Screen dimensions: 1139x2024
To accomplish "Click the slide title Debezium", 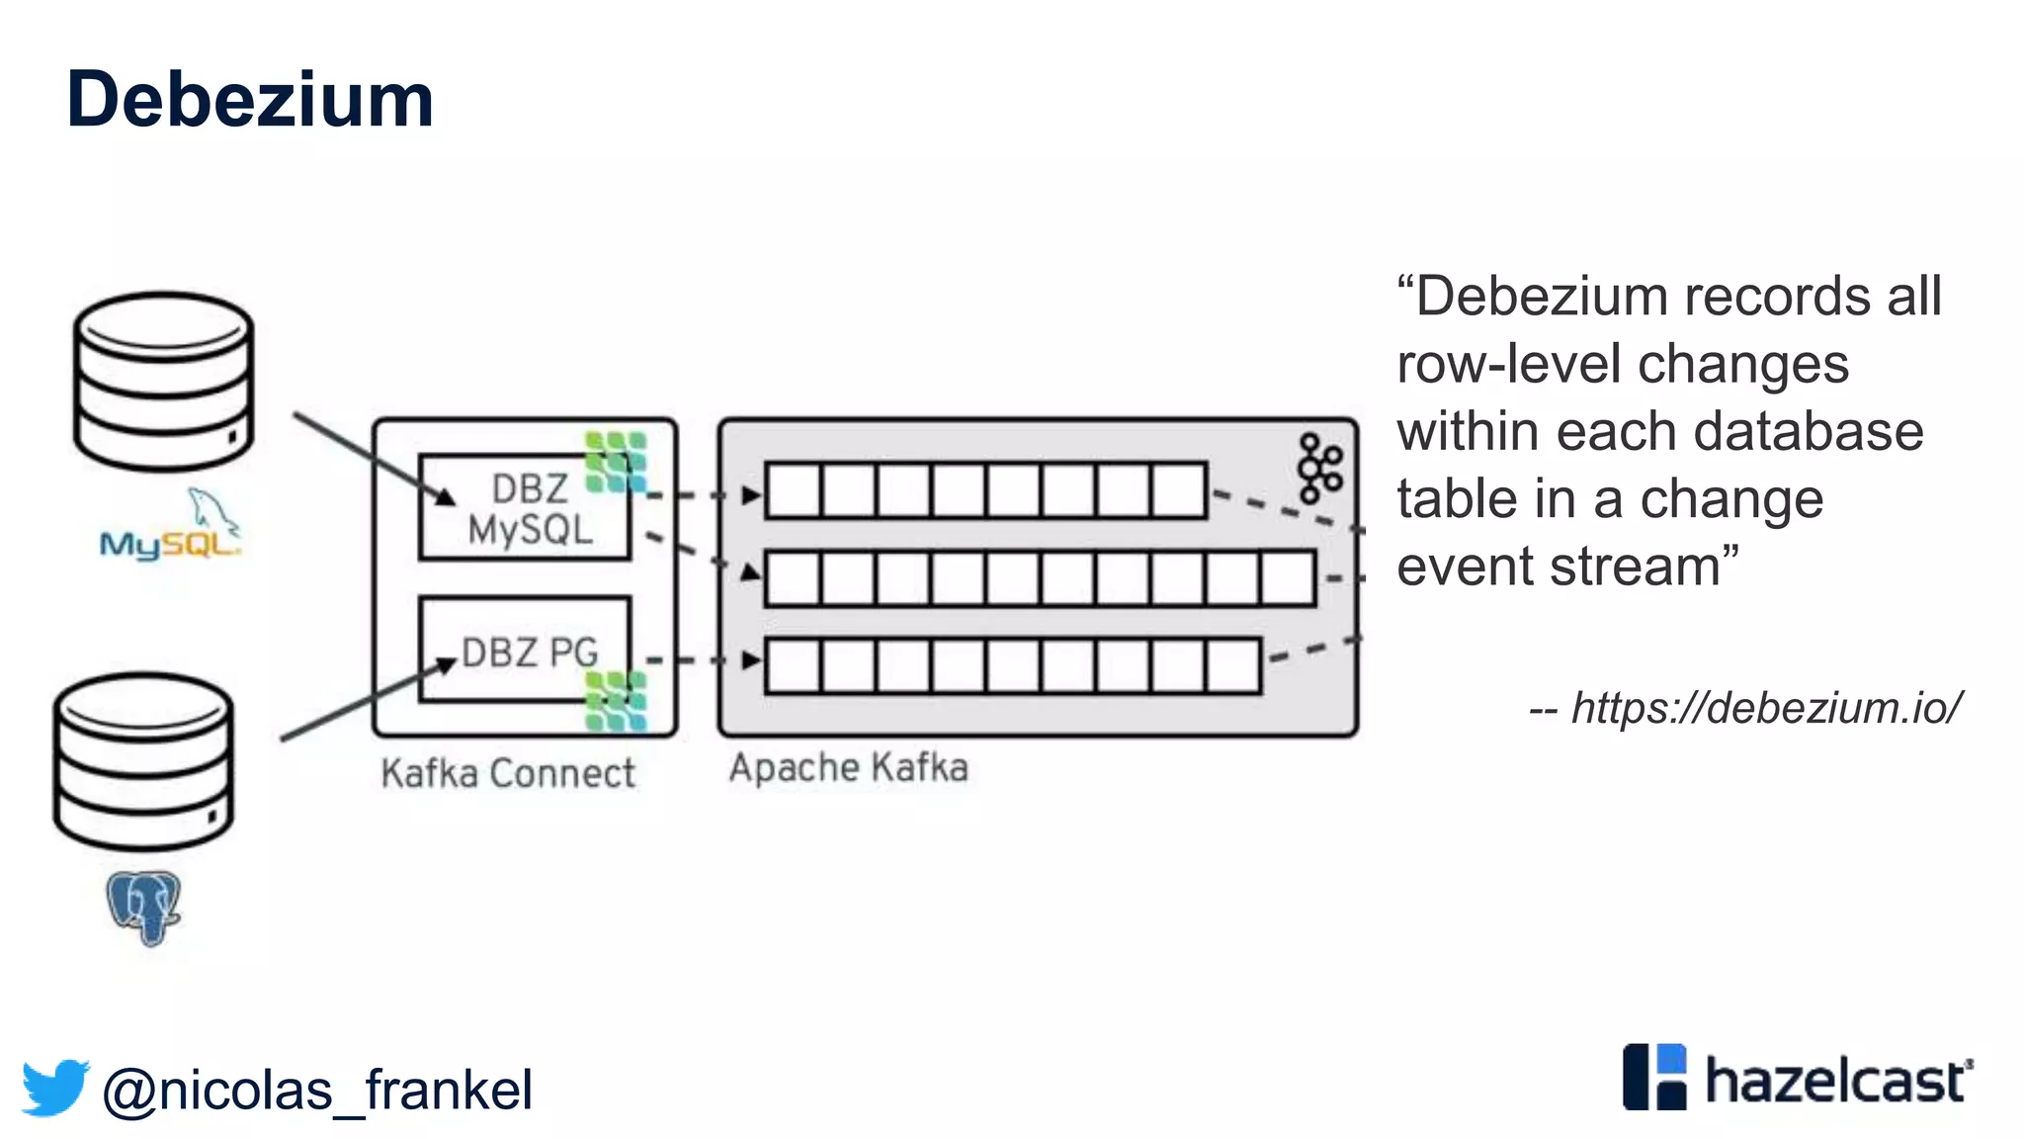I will [x=250, y=100].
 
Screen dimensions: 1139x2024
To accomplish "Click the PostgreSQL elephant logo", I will [x=144, y=907].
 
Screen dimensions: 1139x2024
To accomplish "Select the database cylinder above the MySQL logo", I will [x=164, y=382].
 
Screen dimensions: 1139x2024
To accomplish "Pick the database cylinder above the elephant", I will [x=144, y=761].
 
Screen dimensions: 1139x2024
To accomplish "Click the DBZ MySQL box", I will [x=524, y=508].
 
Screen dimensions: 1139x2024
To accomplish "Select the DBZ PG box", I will [x=524, y=651].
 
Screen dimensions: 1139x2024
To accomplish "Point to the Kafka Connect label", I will [x=508, y=773].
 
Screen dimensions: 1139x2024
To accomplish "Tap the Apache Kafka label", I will [x=848, y=768].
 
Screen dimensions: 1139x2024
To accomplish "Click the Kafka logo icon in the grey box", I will [x=1319, y=468].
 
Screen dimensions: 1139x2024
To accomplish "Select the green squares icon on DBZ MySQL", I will [x=616, y=462].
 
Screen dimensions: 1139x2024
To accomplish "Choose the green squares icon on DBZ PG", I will [x=616, y=701].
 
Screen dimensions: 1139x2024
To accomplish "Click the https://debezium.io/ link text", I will [x=1765, y=708].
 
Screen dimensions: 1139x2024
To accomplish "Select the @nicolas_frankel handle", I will [x=317, y=1091].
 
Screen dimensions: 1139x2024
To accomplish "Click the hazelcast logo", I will [x=1798, y=1079].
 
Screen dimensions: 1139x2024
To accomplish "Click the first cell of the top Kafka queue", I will [x=793, y=490].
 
